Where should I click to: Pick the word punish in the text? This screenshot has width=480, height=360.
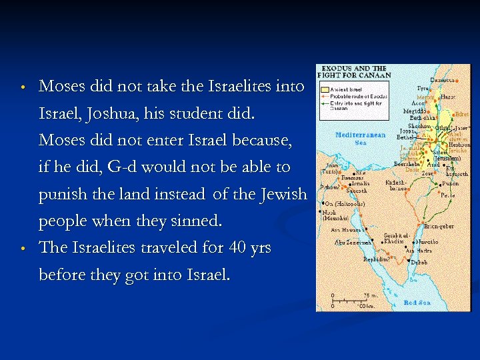click(60, 195)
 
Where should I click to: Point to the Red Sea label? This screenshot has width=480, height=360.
click(417, 303)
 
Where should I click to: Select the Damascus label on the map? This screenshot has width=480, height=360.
click(443, 81)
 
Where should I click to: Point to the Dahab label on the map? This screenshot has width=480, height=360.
click(419, 263)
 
